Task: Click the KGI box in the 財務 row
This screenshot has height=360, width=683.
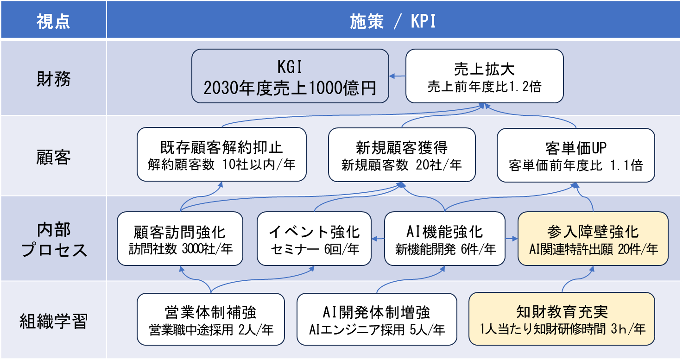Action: (290, 76)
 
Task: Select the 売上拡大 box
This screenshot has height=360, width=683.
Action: (484, 76)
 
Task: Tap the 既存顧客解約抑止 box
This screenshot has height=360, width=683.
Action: (221, 154)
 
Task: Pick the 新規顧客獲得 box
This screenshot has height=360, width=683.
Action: (402, 154)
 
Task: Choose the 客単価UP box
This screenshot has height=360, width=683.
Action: (575, 154)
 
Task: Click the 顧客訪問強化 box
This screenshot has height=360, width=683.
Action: (180, 239)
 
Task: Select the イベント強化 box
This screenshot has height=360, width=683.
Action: (315, 239)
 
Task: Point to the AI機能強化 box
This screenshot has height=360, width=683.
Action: (445, 239)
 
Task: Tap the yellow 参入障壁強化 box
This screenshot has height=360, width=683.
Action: (593, 239)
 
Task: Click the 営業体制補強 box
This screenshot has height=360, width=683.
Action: (211, 319)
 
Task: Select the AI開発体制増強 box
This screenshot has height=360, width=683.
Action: (377, 319)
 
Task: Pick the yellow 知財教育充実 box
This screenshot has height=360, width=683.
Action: (562, 319)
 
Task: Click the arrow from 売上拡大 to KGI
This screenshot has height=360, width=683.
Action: (397, 76)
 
